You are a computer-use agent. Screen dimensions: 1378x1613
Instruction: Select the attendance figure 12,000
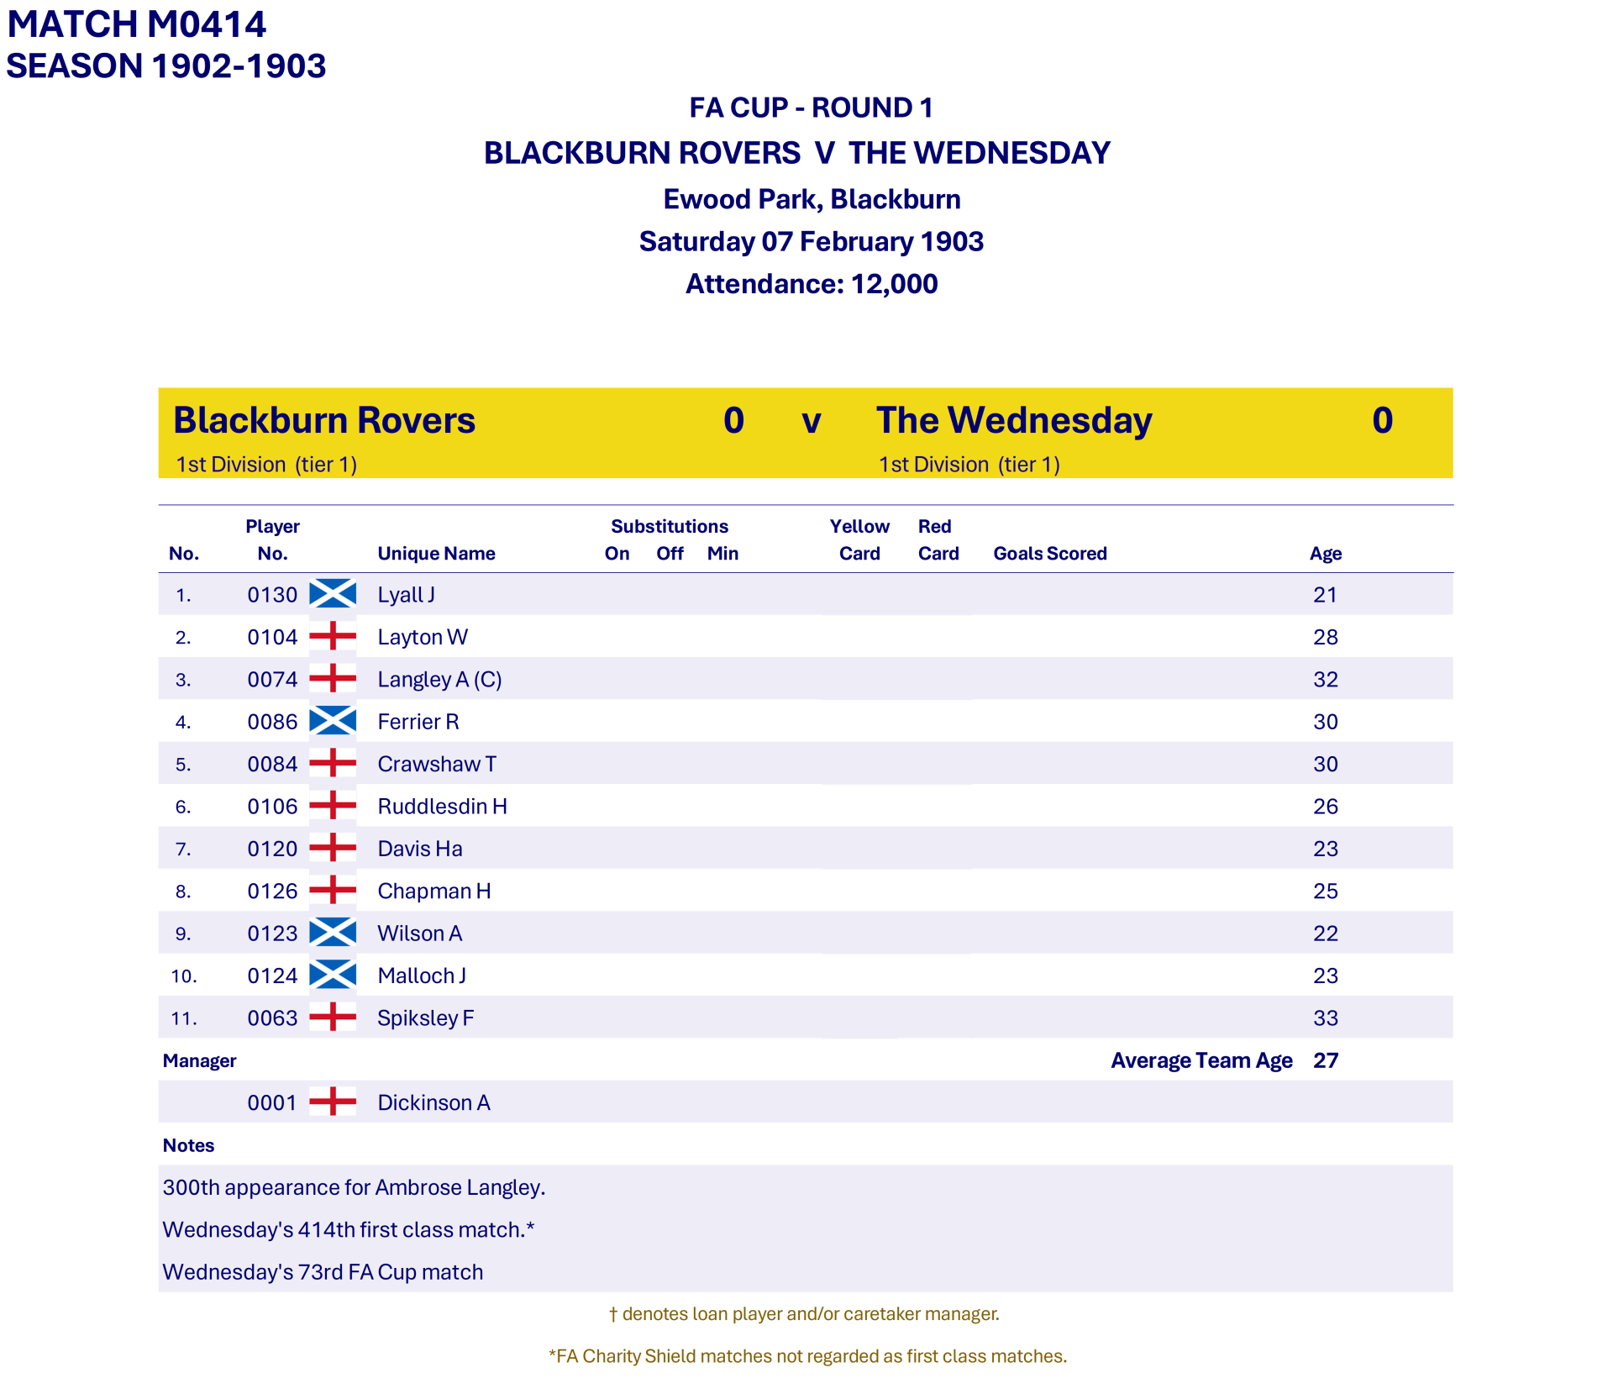click(x=894, y=284)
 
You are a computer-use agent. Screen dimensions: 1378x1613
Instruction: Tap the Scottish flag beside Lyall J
click(x=333, y=594)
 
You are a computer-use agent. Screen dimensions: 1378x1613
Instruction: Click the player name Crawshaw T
click(x=437, y=764)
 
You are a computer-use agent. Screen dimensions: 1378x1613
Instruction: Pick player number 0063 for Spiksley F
click(x=272, y=1018)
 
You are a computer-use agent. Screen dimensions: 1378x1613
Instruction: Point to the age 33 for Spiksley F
click(x=1325, y=1018)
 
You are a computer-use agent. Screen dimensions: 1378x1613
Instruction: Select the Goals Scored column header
click(x=1049, y=553)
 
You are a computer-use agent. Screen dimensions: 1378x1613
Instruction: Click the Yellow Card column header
click(x=859, y=539)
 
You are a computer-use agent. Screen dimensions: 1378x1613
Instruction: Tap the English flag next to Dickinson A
click(x=333, y=1102)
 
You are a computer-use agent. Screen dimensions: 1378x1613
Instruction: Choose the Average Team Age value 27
click(x=1325, y=1060)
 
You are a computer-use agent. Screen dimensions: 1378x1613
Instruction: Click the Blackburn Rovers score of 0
click(x=733, y=420)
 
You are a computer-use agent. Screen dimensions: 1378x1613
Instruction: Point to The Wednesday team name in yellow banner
click(x=1014, y=420)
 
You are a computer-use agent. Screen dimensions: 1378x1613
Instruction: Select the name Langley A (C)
click(x=439, y=679)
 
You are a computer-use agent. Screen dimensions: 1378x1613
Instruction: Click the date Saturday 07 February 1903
click(x=811, y=242)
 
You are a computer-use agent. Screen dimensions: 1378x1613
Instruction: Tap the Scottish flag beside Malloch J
click(x=333, y=976)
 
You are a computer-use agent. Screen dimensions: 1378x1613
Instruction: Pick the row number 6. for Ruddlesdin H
click(x=183, y=807)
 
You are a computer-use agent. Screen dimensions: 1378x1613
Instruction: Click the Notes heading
click(x=188, y=1145)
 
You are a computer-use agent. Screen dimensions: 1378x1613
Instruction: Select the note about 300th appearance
click(x=354, y=1187)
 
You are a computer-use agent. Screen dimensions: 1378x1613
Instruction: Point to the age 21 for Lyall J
click(x=1325, y=595)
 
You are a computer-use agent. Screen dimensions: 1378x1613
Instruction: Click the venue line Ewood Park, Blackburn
click(x=812, y=199)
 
